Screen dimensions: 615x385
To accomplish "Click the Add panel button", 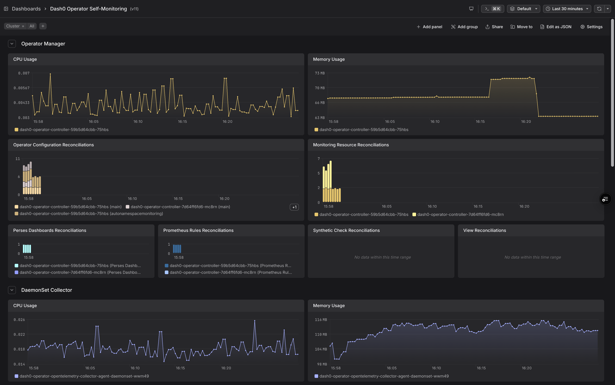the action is [429, 27].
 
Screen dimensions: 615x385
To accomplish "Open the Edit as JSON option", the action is [556, 27].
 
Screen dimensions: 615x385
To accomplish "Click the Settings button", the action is [591, 27].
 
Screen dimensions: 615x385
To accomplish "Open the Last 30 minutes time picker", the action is [567, 9].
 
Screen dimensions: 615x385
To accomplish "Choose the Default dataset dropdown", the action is [524, 9].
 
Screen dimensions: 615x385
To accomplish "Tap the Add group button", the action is [464, 27].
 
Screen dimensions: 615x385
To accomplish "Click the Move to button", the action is [521, 27].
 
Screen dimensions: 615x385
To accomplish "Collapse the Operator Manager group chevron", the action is [12, 44].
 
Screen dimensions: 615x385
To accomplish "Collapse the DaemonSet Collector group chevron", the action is [12, 290].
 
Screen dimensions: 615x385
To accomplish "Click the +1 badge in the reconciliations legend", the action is [294, 207].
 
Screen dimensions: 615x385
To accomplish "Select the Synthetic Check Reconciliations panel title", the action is [346, 230].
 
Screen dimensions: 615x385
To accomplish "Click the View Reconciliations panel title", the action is [485, 230].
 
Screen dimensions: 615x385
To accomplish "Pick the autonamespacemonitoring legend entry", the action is [89, 214].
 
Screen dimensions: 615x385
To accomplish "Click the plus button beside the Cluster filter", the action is [43, 26].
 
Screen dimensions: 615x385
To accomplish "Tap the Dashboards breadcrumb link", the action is [26, 9].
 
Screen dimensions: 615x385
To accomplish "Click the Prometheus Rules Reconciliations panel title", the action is [198, 230].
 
